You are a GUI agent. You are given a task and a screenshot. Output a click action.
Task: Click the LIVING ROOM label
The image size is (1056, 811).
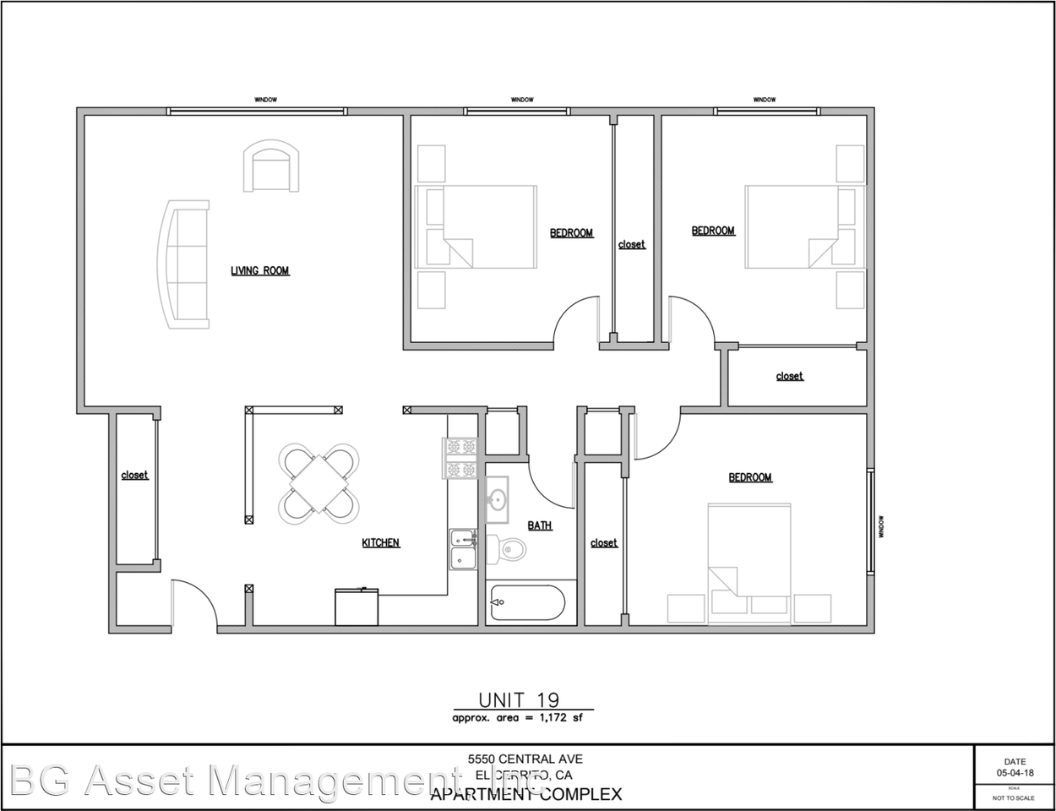260,271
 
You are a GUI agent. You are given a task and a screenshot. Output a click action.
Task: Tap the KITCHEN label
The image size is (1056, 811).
381,542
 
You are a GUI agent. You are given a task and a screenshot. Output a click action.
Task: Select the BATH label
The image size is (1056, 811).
540,525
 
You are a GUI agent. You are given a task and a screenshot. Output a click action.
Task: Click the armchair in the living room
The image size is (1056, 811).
271,166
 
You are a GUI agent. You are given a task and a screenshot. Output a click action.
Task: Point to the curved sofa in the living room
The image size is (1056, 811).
184,264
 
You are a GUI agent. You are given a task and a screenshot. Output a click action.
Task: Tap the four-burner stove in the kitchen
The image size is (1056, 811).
461,458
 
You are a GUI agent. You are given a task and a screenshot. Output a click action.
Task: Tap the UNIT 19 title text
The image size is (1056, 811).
519,699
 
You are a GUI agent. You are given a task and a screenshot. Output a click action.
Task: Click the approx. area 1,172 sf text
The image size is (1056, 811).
517,717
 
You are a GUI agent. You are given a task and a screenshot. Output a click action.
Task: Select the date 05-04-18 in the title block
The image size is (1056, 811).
1014,772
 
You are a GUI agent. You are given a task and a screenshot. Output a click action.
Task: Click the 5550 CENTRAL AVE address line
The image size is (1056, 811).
525,759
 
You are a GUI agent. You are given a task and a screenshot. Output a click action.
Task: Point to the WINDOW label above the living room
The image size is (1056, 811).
266,100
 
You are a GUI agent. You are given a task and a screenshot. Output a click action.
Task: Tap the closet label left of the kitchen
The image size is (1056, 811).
134,475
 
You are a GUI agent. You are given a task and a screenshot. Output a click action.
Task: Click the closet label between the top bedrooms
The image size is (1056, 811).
631,244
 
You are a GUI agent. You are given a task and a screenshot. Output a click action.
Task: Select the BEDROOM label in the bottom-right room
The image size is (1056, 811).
750,477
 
